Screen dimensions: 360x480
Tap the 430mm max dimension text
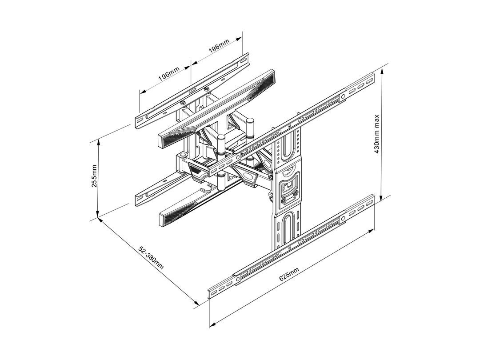[x=377, y=133]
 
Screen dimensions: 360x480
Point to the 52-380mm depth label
[x=151, y=258]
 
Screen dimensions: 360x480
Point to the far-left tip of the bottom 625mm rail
[x=209, y=293]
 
